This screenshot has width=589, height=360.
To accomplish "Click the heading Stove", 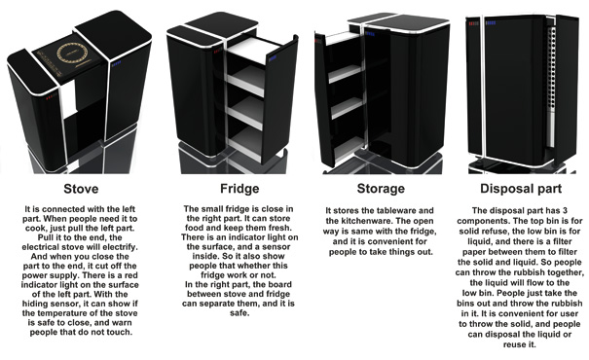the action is point(81,189).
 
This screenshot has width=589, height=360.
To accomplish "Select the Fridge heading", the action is point(239,189).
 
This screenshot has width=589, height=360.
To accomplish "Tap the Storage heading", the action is point(381,189).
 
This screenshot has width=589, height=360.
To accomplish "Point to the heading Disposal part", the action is point(521,189).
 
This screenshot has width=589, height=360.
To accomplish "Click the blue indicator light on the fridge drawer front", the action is point(273,58).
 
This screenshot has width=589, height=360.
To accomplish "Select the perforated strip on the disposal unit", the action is point(551,87).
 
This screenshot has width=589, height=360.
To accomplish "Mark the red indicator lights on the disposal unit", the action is point(473,23).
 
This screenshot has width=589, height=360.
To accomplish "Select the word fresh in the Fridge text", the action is point(280,228).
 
